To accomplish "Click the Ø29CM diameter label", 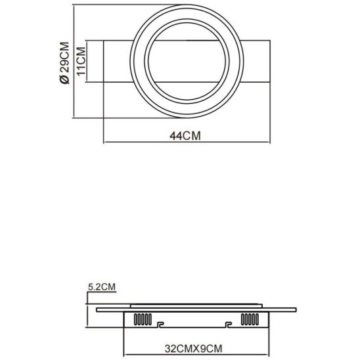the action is coord(64,63).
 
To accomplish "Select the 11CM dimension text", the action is coord(81,61).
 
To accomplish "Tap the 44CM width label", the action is coord(185,136).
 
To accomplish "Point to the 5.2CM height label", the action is coord(102,287).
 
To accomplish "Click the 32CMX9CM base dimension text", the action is coord(193,349).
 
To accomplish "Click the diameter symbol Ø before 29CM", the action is coord(64,79).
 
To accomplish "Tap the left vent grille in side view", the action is coord(143,319).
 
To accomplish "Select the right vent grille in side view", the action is coord(250,319).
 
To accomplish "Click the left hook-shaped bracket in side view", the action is coord(160,325).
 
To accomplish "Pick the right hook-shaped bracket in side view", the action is coord(228,325).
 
